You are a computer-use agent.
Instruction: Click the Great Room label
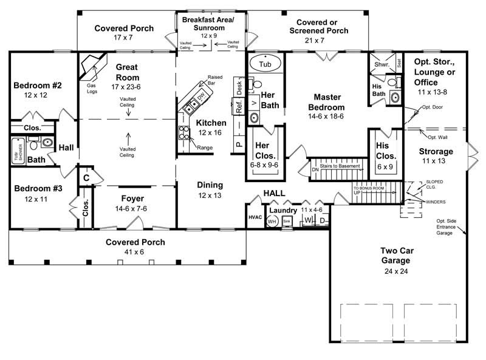pos(127,73)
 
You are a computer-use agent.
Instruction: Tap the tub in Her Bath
pos(265,64)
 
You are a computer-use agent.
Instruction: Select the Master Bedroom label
pos(330,101)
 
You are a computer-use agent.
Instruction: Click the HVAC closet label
pos(254,217)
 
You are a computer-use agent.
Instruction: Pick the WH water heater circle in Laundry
pos(272,222)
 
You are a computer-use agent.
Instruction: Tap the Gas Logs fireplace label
pos(91,89)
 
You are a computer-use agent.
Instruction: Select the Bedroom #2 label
pos(38,86)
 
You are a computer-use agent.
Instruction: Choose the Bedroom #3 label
pos(38,188)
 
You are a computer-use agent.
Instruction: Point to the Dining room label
pos(209,185)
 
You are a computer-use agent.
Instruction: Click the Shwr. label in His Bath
pos(382,63)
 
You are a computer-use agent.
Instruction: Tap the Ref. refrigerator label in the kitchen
pos(239,104)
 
